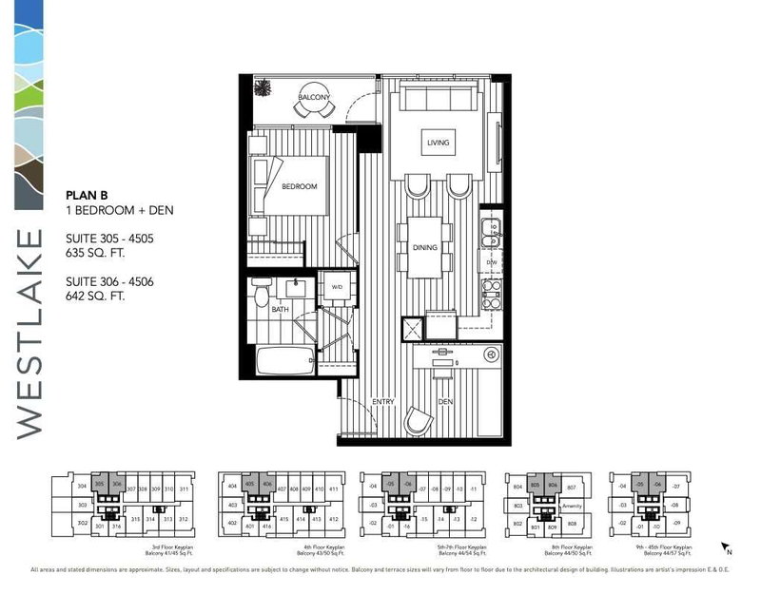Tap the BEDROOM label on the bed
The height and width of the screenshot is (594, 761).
299,186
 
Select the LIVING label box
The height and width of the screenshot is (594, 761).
438,144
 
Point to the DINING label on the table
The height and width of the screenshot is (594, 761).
424,248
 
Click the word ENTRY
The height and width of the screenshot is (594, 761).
383,401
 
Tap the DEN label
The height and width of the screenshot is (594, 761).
445,401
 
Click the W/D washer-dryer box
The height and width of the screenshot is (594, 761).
337,287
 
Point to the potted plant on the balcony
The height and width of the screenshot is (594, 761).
263,87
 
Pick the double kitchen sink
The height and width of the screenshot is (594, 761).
491,228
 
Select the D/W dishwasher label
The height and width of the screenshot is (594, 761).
492,262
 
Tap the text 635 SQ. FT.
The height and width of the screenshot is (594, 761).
96,254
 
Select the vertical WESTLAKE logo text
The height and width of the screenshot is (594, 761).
29,333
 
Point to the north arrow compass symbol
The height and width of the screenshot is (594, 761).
727,548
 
